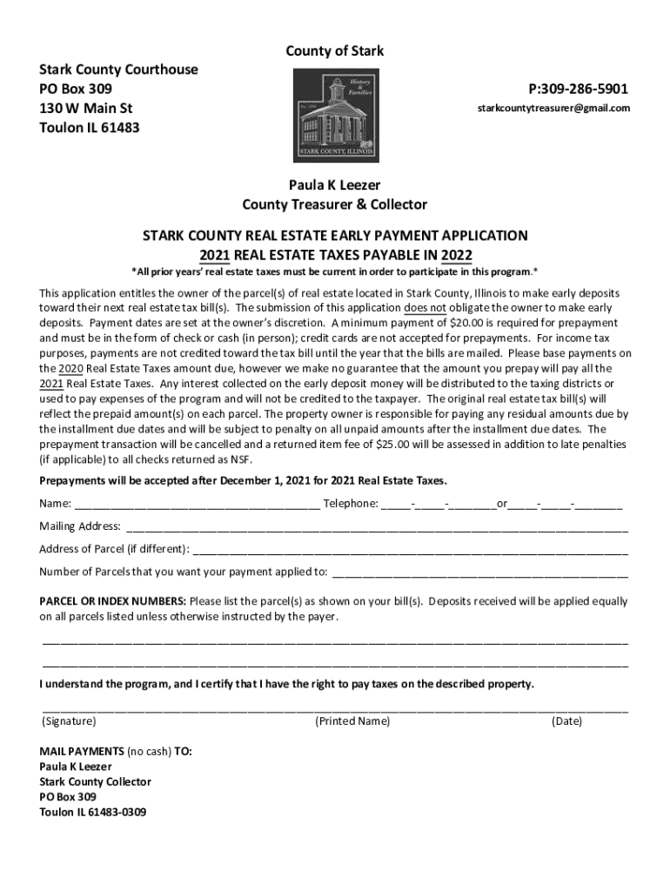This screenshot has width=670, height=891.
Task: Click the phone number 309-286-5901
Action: coord(579,90)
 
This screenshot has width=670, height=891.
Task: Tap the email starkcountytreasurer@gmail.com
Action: coord(553,109)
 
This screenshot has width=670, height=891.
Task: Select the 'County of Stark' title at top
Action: coord(335,52)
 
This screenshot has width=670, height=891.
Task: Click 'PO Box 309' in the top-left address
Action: coord(76,90)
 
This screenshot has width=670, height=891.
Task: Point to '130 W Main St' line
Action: coord(86,109)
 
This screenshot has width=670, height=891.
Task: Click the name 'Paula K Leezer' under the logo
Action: coord(335,184)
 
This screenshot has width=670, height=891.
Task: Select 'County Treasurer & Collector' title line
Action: coord(335,204)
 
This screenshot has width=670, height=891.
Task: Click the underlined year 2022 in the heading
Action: coord(456,255)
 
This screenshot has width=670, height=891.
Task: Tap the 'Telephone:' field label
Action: coord(351,503)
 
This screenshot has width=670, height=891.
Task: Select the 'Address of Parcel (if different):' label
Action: coord(114,549)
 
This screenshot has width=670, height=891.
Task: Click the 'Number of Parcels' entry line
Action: coord(479,573)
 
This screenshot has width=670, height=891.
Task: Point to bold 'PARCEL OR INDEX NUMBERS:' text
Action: coord(112,601)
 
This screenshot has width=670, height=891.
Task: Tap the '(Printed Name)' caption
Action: coord(352,721)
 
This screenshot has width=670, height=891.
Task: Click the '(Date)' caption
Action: coord(566,721)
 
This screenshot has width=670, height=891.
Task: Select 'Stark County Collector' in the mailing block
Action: coord(95,781)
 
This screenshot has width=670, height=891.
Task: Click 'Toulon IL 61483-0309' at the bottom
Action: coord(92,812)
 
